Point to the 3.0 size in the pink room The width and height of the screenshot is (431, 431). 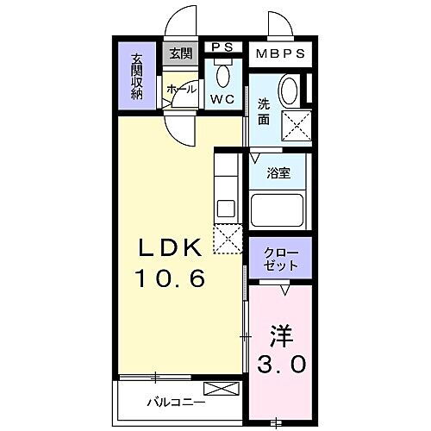(x=281, y=365)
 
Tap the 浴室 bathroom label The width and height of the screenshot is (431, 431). (x=278, y=172)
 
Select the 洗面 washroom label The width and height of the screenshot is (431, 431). (x=264, y=113)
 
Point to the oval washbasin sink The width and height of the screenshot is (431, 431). (x=290, y=90)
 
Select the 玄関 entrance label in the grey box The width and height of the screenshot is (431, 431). (x=181, y=53)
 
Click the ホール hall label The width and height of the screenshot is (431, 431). (x=181, y=89)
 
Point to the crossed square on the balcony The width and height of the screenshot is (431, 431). (x=218, y=389)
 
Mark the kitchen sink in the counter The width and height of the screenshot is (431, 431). (x=225, y=208)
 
